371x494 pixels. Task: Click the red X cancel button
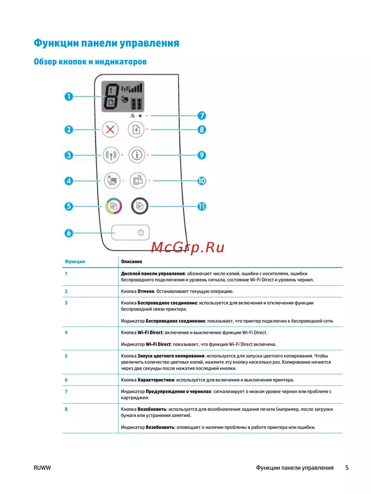click(110, 130)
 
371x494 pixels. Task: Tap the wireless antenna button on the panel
click(111, 155)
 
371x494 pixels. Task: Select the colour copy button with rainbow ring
click(114, 206)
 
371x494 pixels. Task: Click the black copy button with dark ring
click(139, 206)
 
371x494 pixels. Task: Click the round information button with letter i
click(137, 155)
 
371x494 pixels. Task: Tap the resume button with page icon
click(136, 130)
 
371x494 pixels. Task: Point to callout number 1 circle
click(69, 96)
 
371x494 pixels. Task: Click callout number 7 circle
click(201, 115)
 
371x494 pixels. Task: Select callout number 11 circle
click(201, 206)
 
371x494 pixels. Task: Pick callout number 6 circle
click(69, 233)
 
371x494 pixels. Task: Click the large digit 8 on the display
click(111, 97)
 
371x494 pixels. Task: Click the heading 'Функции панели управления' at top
click(106, 43)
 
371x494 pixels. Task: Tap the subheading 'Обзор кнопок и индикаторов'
click(90, 62)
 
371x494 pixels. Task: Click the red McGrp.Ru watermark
click(188, 247)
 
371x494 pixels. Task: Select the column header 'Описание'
click(131, 262)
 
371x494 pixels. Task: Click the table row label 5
click(66, 356)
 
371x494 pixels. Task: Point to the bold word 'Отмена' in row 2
click(145, 291)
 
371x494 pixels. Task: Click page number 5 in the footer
click(347, 468)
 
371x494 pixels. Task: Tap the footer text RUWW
click(42, 468)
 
